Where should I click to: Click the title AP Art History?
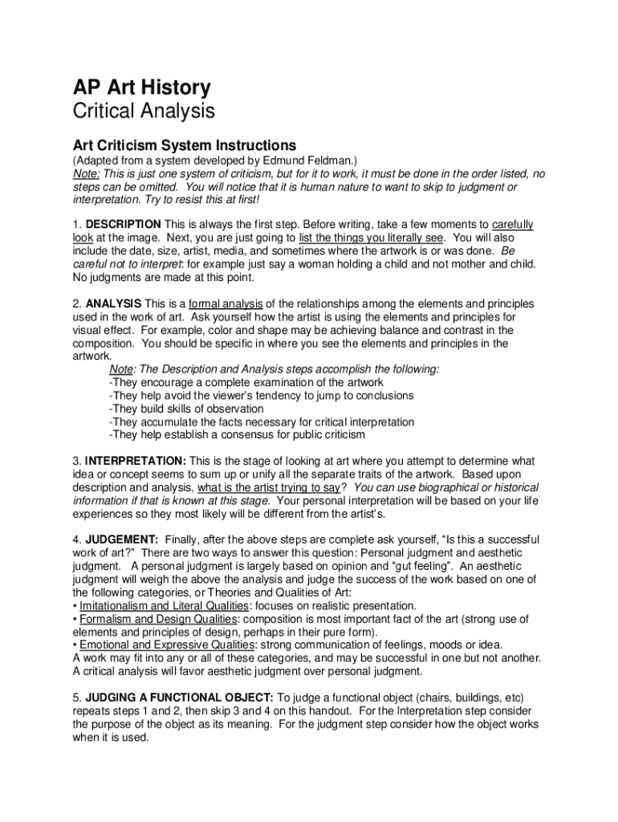(141, 87)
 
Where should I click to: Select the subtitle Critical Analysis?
(144, 112)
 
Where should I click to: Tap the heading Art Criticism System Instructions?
(185, 146)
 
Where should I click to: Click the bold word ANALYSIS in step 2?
(113, 303)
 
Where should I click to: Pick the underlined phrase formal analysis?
(226, 303)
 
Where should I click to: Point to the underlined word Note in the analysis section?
(121, 369)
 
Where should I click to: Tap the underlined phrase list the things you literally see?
(370, 238)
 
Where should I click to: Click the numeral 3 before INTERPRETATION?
(76, 462)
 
